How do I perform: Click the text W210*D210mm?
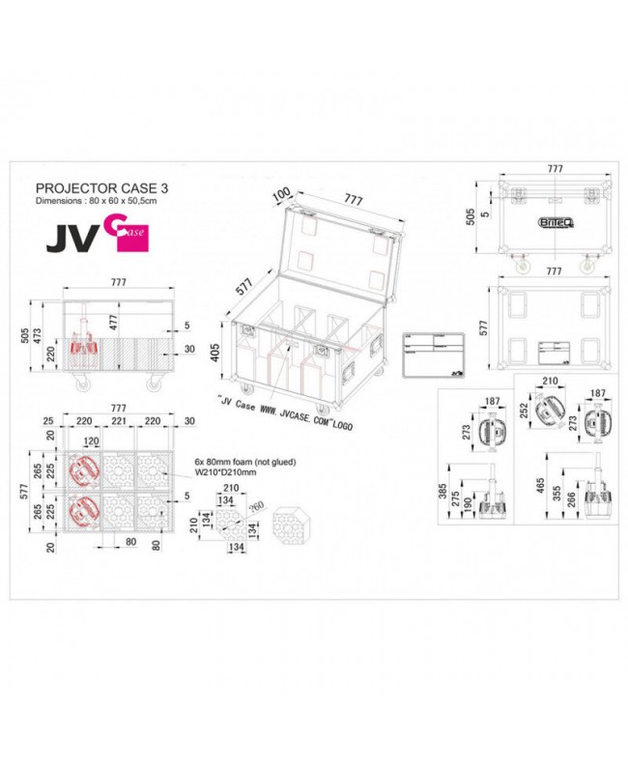coord(223,474)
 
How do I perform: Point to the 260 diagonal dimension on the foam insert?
coord(256,509)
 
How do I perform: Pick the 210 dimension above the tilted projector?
coord(551,383)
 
